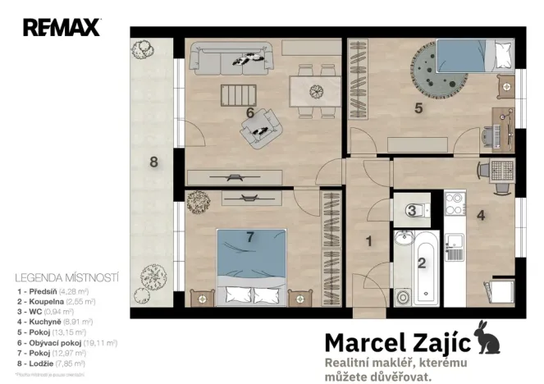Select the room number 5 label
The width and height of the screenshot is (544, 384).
coord(418,107)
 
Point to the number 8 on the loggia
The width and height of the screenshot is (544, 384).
coord(153,162)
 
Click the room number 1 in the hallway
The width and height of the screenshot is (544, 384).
coord(369,241)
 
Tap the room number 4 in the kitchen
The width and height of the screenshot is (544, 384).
coord(482,217)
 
